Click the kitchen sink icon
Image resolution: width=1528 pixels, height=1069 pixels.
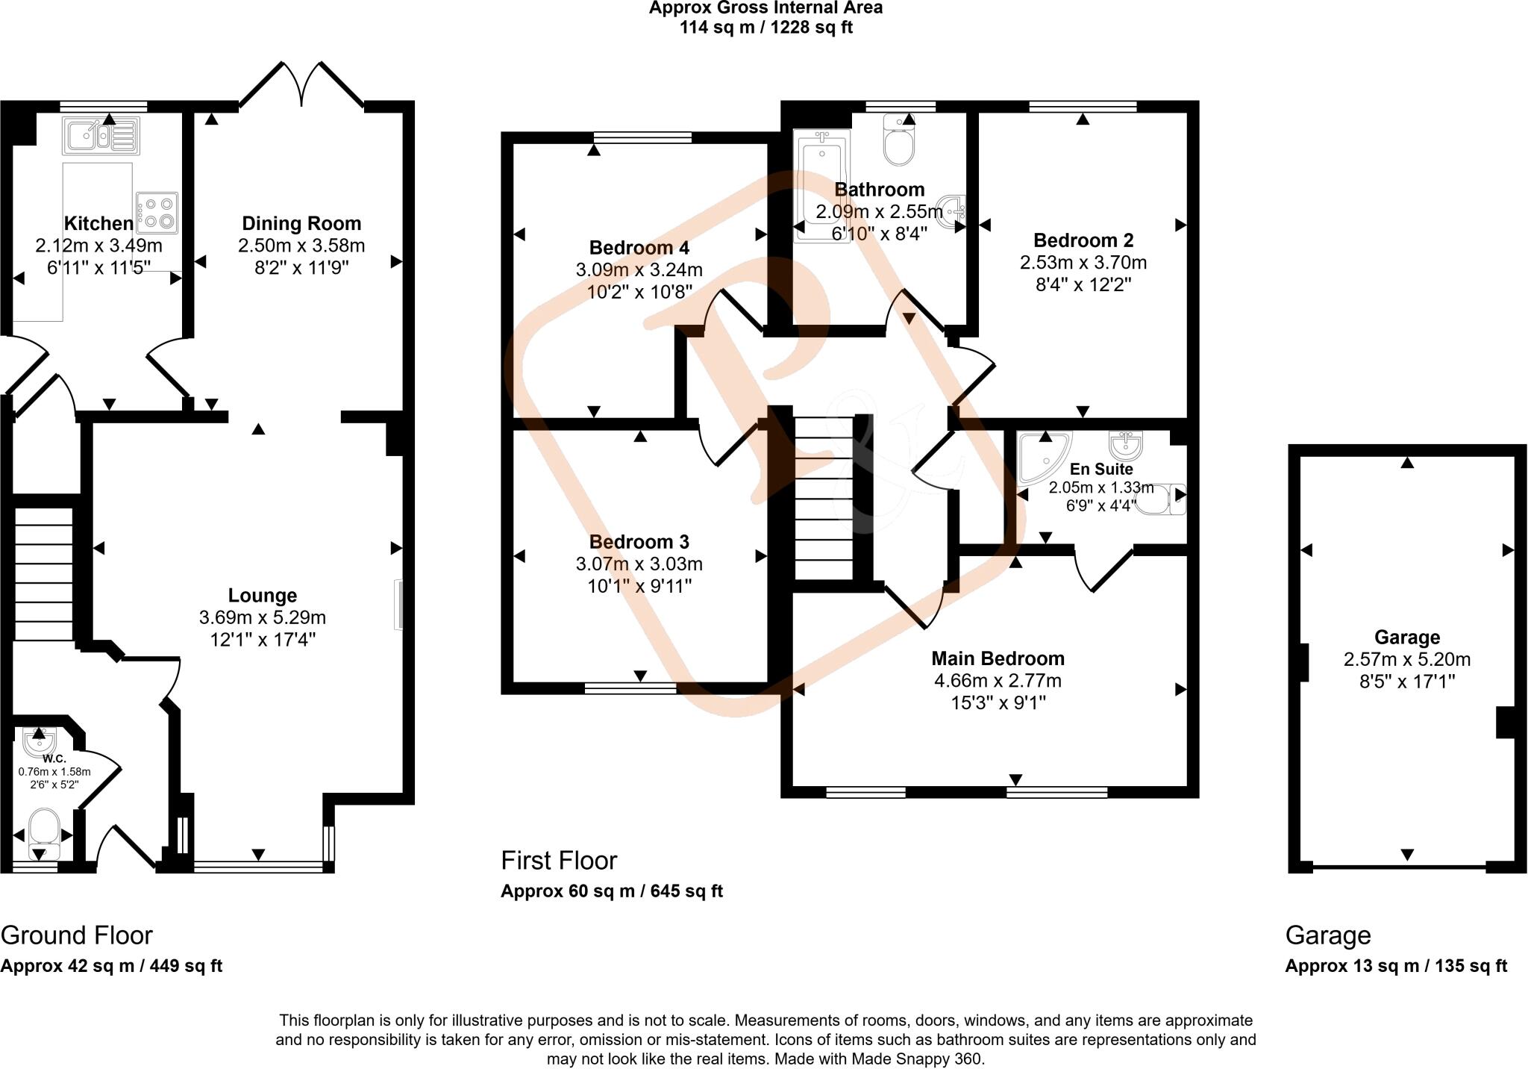[x=101, y=136]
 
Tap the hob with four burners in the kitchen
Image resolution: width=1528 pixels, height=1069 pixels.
[x=157, y=212]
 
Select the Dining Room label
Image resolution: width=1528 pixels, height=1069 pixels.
[x=301, y=223]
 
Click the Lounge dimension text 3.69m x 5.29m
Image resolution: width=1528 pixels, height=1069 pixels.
[x=263, y=618]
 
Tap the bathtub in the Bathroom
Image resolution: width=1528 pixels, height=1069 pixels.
[x=821, y=186]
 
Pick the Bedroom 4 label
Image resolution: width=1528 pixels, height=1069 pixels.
[x=639, y=247]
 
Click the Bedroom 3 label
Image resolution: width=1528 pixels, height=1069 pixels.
[x=639, y=542]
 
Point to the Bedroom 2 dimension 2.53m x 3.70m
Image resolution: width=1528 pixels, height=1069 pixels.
[x=1083, y=263]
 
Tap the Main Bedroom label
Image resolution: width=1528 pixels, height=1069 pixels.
[x=998, y=658]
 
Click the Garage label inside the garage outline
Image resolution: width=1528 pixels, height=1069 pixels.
[x=1407, y=638]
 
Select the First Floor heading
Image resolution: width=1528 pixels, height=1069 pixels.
[x=559, y=861]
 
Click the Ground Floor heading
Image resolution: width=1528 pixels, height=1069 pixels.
[x=76, y=935]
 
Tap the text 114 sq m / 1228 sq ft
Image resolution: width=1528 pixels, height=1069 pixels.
[x=765, y=28]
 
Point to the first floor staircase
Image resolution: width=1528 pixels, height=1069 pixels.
[x=823, y=498]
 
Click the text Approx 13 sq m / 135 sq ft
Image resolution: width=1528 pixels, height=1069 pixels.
[x=1396, y=966]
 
